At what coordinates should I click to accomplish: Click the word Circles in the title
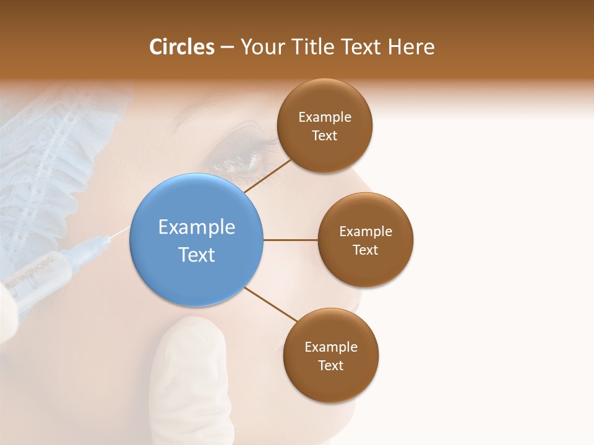[x=181, y=47]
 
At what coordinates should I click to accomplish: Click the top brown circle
[x=324, y=125]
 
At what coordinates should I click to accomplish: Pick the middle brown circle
[x=365, y=240]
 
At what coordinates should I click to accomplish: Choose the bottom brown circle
[x=330, y=355]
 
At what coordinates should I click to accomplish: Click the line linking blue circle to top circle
[x=267, y=176]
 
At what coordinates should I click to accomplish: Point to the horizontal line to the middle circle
[x=290, y=240]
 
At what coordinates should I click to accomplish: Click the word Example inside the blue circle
[x=196, y=227]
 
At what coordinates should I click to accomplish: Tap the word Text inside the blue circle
[x=196, y=255]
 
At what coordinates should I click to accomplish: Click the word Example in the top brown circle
[x=324, y=117]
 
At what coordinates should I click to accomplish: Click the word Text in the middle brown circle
[x=365, y=250]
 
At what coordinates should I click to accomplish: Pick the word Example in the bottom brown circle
[x=330, y=347]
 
